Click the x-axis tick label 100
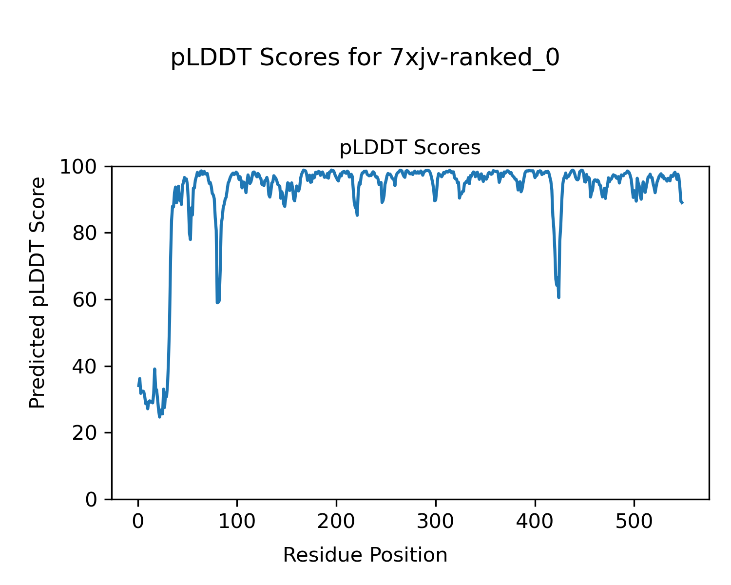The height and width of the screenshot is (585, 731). pos(237,522)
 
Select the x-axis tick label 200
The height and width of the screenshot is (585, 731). pos(336,522)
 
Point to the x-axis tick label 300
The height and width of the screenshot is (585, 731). pos(436,522)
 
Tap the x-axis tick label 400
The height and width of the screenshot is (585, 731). pos(535,522)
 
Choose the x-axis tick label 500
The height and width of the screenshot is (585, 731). pos(634,522)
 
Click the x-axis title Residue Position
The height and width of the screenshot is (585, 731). pos(365,555)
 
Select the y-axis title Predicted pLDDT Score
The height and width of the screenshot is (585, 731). pos(38,292)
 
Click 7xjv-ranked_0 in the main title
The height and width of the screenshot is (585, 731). pos(475,58)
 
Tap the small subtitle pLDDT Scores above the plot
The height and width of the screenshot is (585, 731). pos(410,148)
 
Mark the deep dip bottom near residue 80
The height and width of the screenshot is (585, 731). pos(217,302)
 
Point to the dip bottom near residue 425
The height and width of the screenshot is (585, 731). pos(558,297)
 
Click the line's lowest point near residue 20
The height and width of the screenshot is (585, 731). pos(159,417)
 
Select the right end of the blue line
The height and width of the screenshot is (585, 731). pos(682,203)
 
